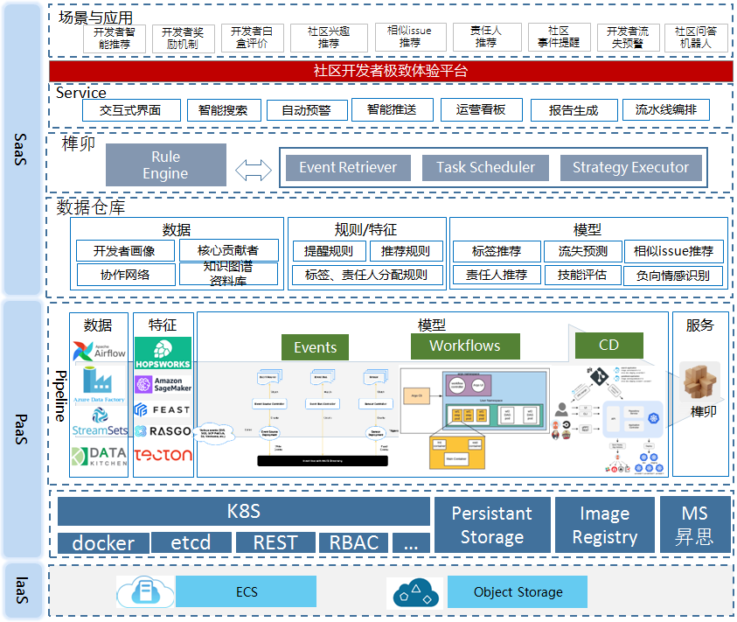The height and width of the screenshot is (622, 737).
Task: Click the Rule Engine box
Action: point(165,164)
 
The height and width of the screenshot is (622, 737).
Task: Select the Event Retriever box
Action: point(348,167)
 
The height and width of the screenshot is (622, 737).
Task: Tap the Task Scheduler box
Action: point(485,167)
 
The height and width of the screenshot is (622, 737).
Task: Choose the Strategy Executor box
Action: point(630,167)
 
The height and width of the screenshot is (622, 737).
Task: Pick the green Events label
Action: point(315,346)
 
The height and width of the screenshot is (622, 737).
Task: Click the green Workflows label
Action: point(464,346)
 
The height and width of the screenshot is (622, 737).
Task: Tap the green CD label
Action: point(608,345)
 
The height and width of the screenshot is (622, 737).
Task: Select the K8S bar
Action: point(244,511)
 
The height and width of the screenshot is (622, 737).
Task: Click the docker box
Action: point(102,542)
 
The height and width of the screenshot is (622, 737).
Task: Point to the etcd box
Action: point(190,542)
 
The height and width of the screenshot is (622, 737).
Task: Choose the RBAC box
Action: point(353,542)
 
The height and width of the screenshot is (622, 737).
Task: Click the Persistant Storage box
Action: point(491,525)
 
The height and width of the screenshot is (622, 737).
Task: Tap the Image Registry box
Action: point(604,525)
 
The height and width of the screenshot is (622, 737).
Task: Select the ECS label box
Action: point(247,592)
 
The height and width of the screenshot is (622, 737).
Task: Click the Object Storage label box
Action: point(518,592)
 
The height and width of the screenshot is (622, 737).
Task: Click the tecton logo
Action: point(163,455)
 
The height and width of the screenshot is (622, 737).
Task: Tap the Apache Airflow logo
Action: point(99,350)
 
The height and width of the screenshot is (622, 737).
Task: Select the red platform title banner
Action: point(390,71)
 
